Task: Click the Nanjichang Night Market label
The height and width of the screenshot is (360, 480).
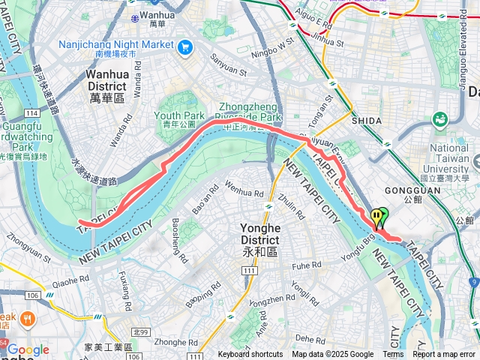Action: click(115, 45)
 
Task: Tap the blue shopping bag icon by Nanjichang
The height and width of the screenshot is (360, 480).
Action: click(186, 46)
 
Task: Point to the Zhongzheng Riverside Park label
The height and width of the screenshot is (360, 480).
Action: click(250, 112)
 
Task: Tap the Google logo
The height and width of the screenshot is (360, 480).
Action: click(28, 349)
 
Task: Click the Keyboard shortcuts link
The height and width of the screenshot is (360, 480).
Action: click(250, 355)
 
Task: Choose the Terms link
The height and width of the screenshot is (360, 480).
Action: click(393, 355)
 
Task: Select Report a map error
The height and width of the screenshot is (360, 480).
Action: click(444, 355)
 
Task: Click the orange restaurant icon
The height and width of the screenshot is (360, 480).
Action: click(28, 319)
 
